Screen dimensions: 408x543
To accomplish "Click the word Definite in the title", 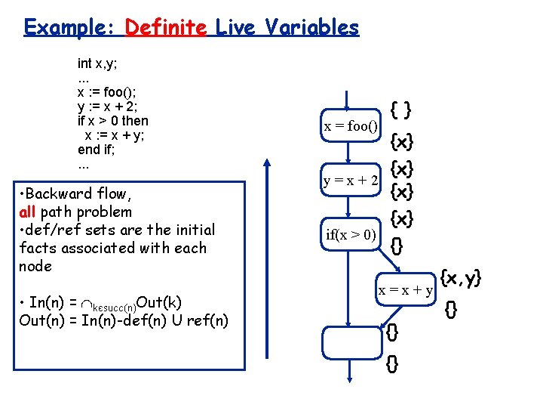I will click(x=165, y=28).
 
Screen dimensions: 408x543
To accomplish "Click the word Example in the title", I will click(x=67, y=28).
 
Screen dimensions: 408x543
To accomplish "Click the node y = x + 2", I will click(x=351, y=181).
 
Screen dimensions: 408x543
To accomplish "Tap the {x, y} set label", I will click(x=460, y=279).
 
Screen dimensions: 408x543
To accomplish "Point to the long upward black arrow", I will click(x=265, y=272).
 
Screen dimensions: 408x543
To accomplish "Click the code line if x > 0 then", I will click(x=113, y=121).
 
